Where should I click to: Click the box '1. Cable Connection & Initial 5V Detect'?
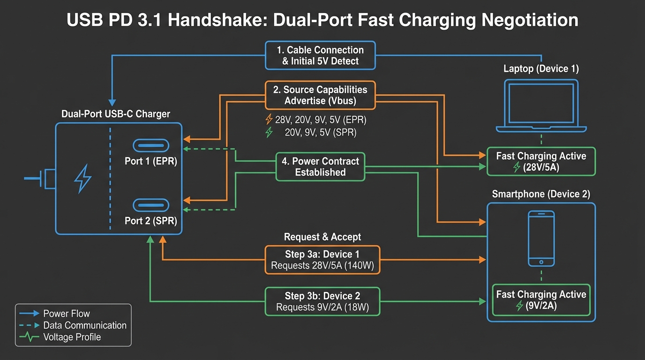pyautogui.click(x=320, y=56)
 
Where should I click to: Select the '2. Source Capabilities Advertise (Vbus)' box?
pyautogui.click(x=320, y=95)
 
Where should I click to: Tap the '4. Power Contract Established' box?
pyautogui.click(x=320, y=167)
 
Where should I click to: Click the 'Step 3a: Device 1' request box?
pyautogui.click(x=322, y=260)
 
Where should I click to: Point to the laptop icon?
pyautogui.click(x=541, y=106)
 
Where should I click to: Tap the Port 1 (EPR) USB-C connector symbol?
pyautogui.click(x=151, y=146)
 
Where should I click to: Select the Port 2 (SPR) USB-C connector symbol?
pyautogui.click(x=151, y=205)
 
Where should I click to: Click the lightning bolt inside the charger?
pyautogui.click(x=83, y=178)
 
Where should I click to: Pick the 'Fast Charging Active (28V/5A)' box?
pyautogui.click(x=541, y=162)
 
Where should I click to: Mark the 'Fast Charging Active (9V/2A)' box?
pyautogui.click(x=541, y=300)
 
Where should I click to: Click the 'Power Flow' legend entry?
pyautogui.click(x=66, y=314)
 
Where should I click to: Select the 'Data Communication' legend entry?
pyautogui.click(x=84, y=325)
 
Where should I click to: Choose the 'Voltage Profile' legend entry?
pyautogui.click(x=72, y=337)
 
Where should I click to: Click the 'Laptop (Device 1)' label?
pyautogui.click(x=541, y=69)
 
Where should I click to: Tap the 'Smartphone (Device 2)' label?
pyautogui.click(x=541, y=194)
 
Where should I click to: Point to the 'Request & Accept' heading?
pyautogui.click(x=322, y=237)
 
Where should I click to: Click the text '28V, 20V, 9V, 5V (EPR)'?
pyautogui.click(x=321, y=120)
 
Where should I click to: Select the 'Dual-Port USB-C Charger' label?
pyautogui.click(x=116, y=114)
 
